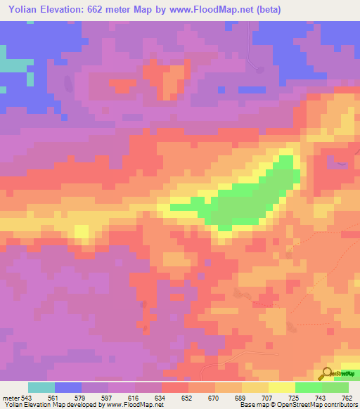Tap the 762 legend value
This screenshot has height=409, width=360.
347,397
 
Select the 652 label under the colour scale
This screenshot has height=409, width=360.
187,397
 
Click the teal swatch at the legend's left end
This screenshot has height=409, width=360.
41,387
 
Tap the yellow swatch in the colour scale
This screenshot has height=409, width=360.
282,387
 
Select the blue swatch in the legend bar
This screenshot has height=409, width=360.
68,387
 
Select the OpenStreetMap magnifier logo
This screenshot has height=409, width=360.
327,372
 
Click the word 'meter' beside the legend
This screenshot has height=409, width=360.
11,397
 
